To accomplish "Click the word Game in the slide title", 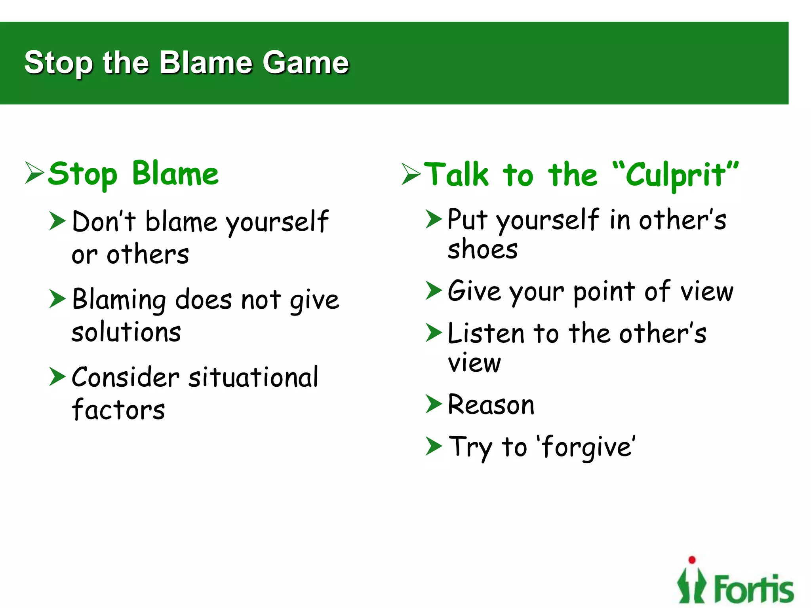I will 305,63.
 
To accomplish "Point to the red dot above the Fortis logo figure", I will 692,560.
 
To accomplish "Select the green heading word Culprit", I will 675,175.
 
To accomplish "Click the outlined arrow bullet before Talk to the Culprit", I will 411,174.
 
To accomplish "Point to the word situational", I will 253,377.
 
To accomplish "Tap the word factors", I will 118,410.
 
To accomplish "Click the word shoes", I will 482,249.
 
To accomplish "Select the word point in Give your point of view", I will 604,292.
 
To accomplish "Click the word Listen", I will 486,333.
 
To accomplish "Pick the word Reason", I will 491,405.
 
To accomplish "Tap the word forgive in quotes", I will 587,447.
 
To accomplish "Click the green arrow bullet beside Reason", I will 433,404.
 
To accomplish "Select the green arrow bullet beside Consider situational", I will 57,376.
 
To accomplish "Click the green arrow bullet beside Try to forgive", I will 433,446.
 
